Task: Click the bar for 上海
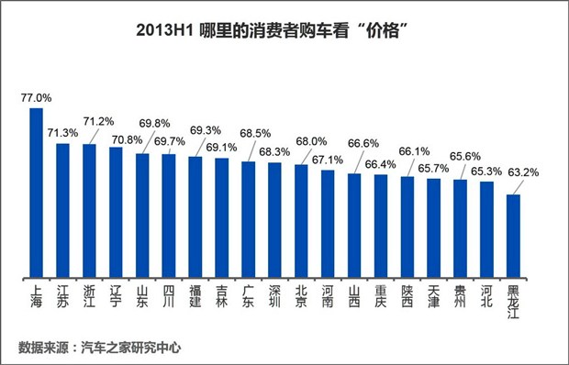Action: [x=37, y=193]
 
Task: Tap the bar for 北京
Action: [x=301, y=221]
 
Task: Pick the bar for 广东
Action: [x=248, y=219]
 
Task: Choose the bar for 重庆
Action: [x=381, y=226]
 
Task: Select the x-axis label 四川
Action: [x=169, y=294]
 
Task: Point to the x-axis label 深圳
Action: [x=274, y=294]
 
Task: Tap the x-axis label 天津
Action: [x=433, y=294]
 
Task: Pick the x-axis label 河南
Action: [x=328, y=294]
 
